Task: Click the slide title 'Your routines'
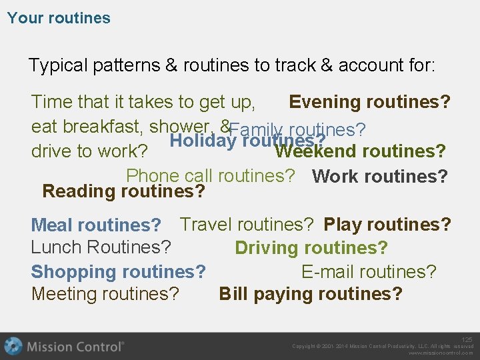tap(59, 18)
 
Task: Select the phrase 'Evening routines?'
tap(369, 102)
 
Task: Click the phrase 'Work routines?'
tap(379, 177)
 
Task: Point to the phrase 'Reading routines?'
tap(123, 191)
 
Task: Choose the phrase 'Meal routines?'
tap(97, 225)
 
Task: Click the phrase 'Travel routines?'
tap(247, 224)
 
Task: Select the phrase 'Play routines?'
tap(387, 224)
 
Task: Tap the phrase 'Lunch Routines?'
tap(101, 247)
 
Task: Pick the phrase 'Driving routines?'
tap(311, 248)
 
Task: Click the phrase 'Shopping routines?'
tap(118, 271)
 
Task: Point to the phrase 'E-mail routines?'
tap(369, 271)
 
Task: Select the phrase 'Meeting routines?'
tap(105, 294)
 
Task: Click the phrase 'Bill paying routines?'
tap(311, 294)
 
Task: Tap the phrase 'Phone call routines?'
tap(210, 176)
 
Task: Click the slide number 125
tap(467, 340)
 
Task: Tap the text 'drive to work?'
tap(89, 151)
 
